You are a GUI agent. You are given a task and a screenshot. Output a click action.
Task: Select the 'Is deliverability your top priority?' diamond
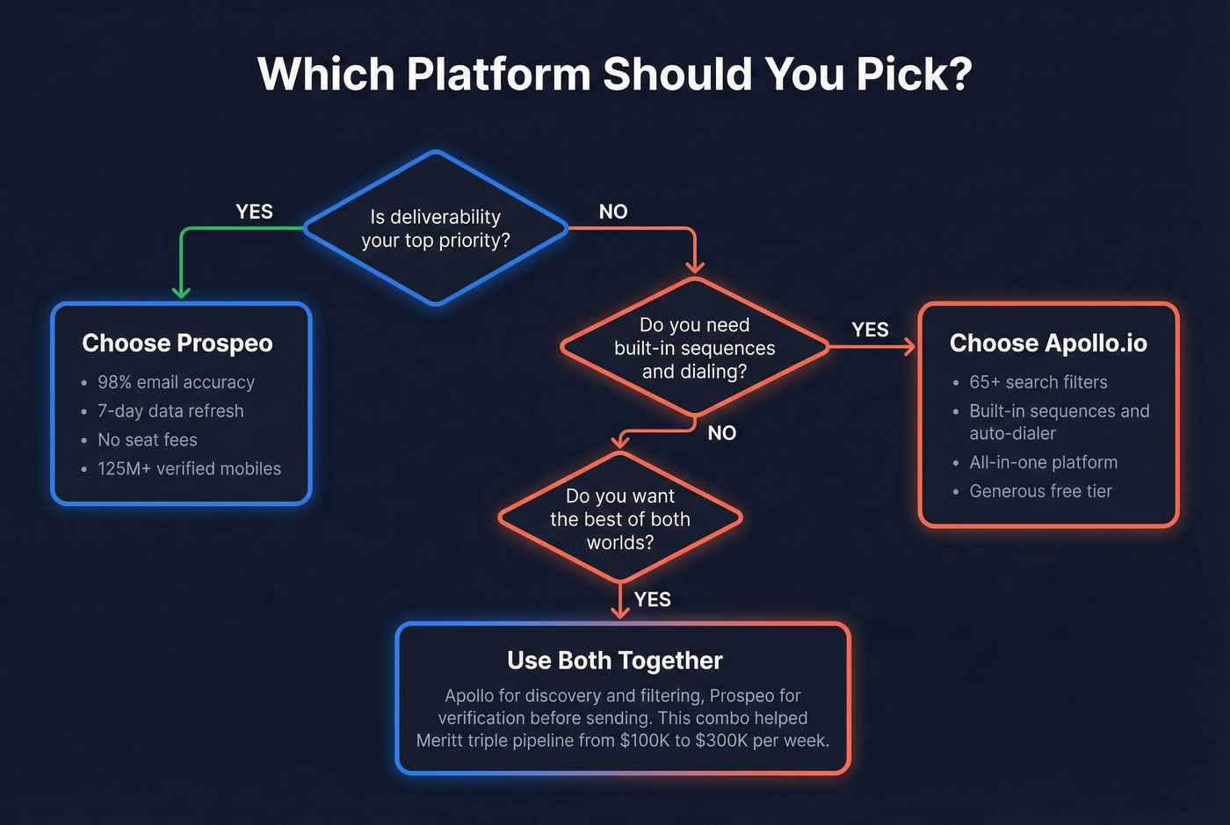point(436,228)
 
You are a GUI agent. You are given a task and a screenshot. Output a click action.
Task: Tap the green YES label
point(254,212)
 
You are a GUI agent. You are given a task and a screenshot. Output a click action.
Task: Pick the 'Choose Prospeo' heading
point(177,343)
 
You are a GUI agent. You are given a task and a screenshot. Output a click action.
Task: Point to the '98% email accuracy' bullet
point(176,382)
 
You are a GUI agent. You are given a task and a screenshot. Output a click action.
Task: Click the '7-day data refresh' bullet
point(170,411)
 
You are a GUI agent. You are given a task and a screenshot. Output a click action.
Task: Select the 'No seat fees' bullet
point(148,440)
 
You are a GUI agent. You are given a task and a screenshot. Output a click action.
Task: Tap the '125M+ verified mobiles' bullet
point(189,469)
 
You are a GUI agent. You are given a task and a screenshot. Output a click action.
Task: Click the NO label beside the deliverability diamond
point(613,212)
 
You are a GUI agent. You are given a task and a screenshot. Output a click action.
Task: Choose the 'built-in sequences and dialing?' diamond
point(694,348)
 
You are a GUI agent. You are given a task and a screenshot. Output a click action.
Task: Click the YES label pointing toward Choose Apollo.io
point(870,329)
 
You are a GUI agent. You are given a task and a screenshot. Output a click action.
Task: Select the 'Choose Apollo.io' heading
point(1048,343)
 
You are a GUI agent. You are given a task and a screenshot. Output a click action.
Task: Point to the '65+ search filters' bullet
point(1038,382)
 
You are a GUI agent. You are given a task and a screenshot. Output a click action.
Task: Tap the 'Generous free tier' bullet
point(1040,491)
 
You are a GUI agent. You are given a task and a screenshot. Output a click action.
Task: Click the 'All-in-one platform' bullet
point(1044,462)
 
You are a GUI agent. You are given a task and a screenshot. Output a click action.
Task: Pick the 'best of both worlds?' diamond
point(620,518)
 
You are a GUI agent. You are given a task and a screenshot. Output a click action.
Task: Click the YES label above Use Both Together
point(653,599)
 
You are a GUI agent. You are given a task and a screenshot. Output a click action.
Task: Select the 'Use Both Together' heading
point(615,661)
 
